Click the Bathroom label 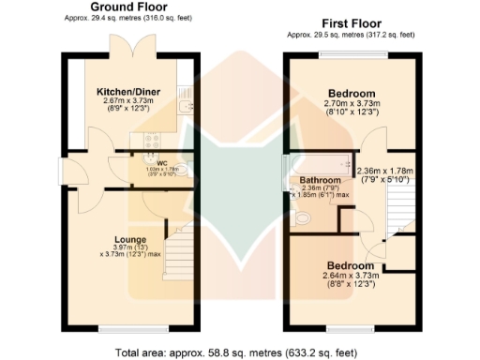(320, 179)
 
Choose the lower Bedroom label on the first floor (351, 265)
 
